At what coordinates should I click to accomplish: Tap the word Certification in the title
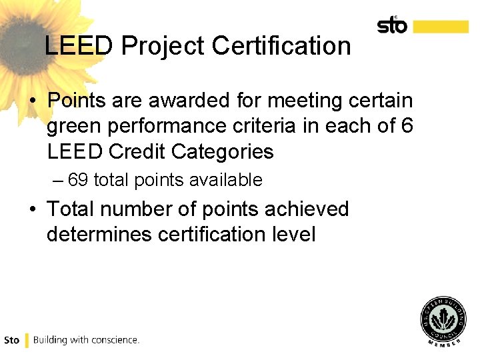[282, 46]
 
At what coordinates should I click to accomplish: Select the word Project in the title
[164, 46]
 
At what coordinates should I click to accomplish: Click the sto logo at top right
[392, 25]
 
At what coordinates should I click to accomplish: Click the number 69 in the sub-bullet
[79, 180]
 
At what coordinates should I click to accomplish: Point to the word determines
[98, 234]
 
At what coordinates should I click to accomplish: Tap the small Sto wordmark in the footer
[12, 340]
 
